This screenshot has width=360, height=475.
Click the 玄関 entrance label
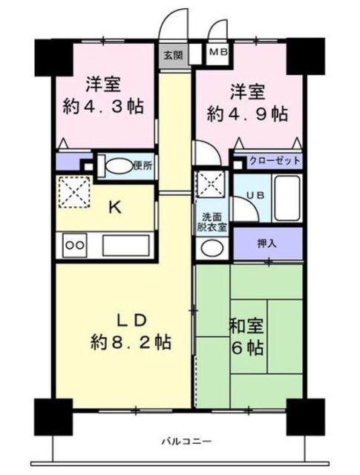click(x=171, y=53)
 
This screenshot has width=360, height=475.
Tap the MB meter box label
click(x=218, y=52)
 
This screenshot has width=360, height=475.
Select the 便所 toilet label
click(x=143, y=166)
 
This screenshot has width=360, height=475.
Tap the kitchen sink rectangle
click(x=125, y=244)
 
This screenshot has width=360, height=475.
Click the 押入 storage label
click(x=267, y=243)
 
